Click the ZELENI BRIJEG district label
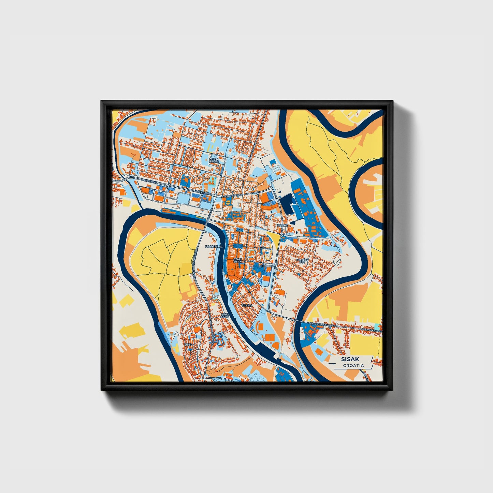214,160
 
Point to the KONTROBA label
266,265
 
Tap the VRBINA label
247,306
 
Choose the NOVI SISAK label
225,315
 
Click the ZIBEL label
188,345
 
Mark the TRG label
263,248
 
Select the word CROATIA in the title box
353,366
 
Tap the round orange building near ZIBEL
197,329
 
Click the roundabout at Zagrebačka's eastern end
216,195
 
